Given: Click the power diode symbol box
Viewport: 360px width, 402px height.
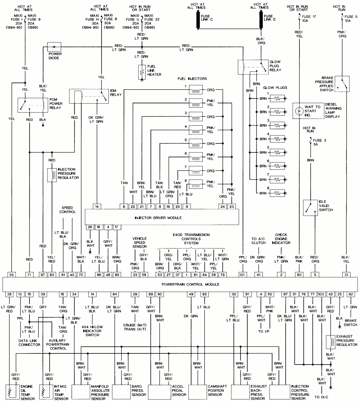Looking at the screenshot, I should pos(54,47).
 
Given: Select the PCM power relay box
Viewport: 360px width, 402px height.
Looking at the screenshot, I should pos(33,105).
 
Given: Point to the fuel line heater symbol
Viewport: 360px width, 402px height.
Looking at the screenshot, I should pos(141,72).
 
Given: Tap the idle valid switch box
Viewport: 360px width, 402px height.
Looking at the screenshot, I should pos(310,208).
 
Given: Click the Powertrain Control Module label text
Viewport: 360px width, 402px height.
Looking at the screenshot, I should pos(180,285).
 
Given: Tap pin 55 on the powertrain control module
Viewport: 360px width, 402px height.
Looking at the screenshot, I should pos(12,274).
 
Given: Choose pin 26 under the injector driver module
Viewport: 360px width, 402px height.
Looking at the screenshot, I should pos(90,227).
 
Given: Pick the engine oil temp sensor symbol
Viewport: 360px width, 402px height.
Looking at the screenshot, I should pos(13,392).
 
